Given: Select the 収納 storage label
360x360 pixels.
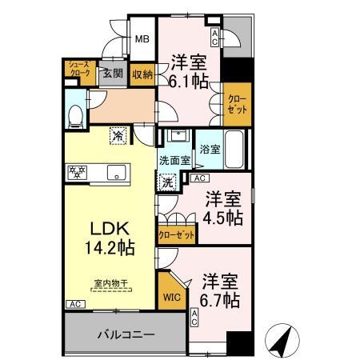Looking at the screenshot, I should (x=142, y=74).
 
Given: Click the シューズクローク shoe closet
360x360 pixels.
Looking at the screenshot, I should (x=79, y=70).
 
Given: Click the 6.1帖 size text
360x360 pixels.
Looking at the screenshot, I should (x=190, y=80).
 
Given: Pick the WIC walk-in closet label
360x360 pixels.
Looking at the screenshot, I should (x=172, y=298).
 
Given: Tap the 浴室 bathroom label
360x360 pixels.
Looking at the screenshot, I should (x=210, y=149).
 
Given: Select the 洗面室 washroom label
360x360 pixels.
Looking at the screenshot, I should (x=174, y=160).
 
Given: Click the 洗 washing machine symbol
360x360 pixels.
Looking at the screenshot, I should (x=168, y=182).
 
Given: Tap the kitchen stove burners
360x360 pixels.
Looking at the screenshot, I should (x=78, y=170).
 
